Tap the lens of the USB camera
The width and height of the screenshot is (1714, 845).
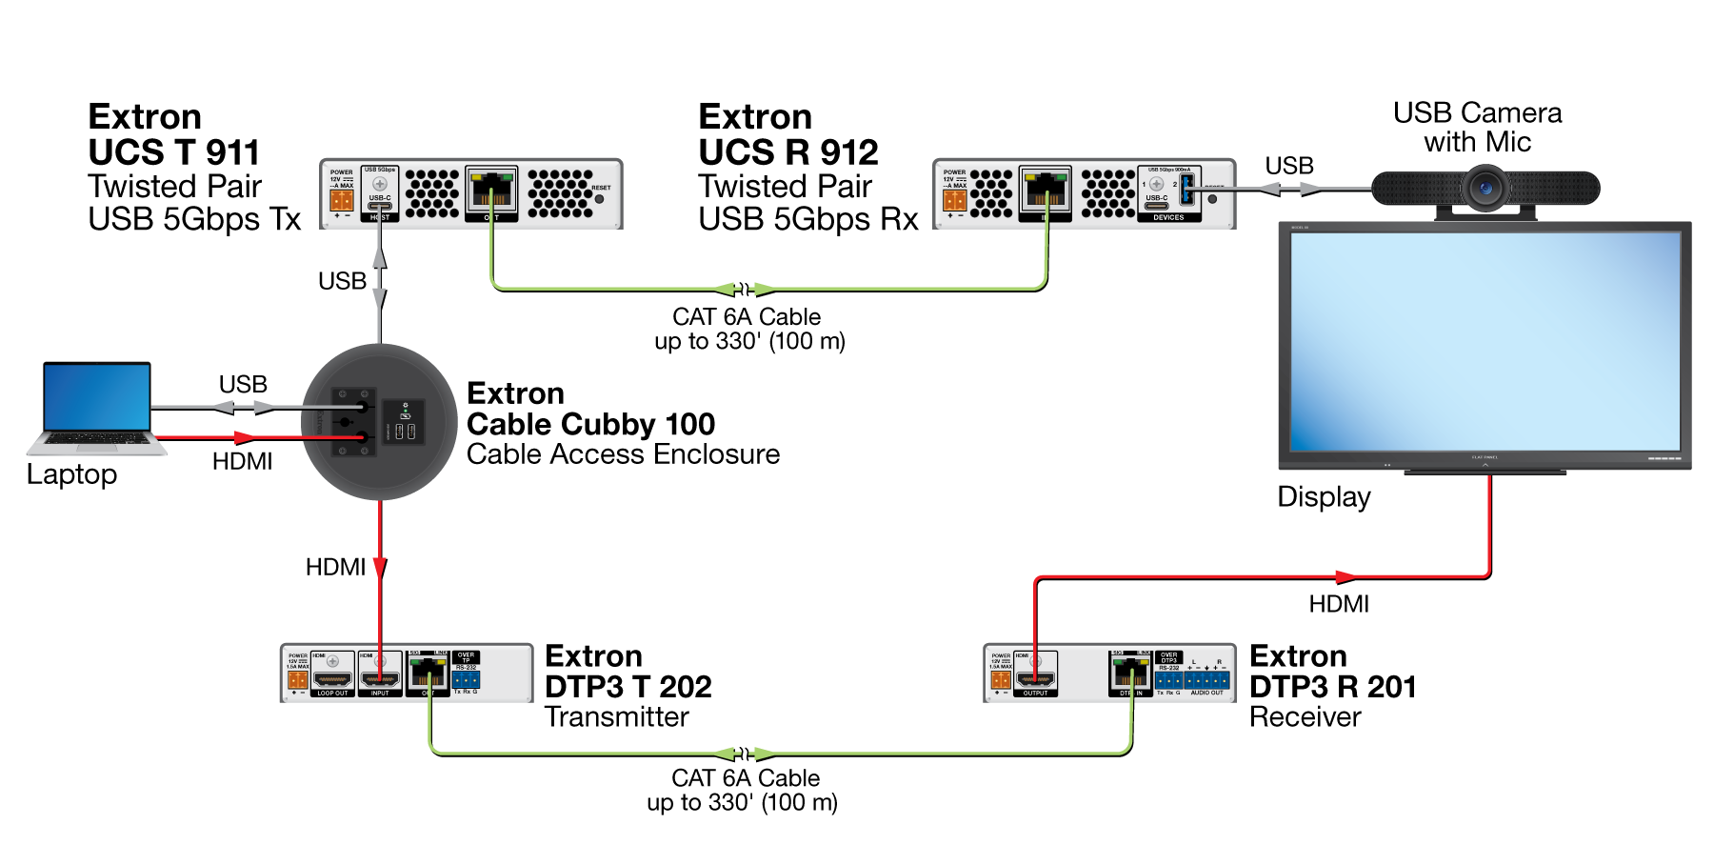click(1485, 188)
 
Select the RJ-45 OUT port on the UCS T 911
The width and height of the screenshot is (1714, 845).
click(490, 191)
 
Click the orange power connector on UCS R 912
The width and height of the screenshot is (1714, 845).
click(954, 200)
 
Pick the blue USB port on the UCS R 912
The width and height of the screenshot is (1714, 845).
click(1186, 190)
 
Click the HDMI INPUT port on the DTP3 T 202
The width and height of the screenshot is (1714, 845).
click(379, 679)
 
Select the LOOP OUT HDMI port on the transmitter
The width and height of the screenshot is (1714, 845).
click(332, 679)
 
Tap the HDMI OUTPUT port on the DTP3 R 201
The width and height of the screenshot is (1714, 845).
click(1035, 679)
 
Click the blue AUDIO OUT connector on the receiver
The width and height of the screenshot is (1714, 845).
click(1206, 680)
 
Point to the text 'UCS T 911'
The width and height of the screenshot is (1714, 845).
click(173, 152)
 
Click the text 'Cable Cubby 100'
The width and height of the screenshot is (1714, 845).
click(590, 424)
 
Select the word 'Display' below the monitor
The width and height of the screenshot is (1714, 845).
click(1324, 497)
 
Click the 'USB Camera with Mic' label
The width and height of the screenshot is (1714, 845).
click(1477, 128)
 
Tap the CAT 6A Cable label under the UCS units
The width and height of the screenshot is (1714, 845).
click(747, 329)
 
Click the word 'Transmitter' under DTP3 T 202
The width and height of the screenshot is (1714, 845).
click(616, 717)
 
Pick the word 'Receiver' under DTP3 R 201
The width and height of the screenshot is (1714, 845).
click(1305, 717)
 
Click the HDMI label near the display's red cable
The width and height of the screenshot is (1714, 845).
click(1338, 604)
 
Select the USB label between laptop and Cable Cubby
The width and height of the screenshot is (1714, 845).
click(243, 385)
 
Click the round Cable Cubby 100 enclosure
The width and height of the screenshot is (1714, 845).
click(379, 422)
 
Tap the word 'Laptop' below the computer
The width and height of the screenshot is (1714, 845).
click(71, 474)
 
